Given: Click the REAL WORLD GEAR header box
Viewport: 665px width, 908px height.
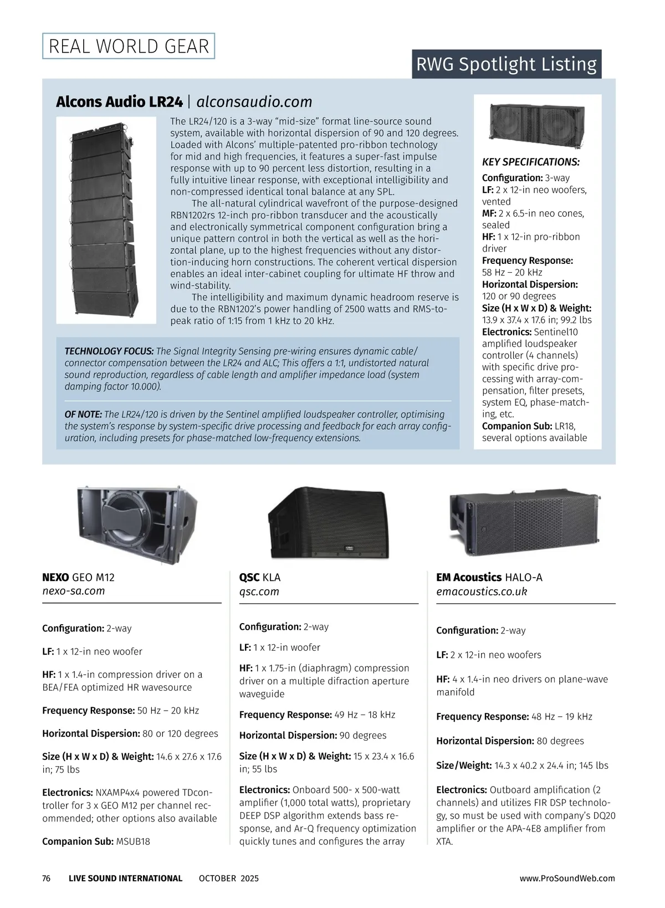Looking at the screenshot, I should tap(129, 46).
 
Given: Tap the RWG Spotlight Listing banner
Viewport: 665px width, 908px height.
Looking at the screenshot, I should tap(506, 64).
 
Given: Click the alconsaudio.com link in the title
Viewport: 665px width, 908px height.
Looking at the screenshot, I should tap(254, 102).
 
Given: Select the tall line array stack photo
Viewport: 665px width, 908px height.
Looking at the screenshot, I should tap(105, 221).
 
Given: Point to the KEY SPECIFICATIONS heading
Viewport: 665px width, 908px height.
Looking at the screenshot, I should tap(530, 162).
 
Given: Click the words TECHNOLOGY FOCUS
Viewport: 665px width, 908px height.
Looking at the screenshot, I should tap(109, 351).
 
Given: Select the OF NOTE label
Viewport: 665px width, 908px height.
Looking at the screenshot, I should tap(83, 415).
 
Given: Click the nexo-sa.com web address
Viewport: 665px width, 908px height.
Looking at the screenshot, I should tap(74, 591).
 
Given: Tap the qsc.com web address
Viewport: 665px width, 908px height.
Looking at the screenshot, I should tap(259, 591).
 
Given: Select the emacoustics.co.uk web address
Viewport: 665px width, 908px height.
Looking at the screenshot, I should tap(482, 591).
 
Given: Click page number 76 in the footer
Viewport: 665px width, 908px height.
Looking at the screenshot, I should tap(47, 878).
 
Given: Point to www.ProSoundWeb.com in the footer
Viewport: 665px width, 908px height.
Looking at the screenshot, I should tap(567, 878).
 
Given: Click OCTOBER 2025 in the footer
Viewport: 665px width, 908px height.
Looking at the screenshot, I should tap(228, 878).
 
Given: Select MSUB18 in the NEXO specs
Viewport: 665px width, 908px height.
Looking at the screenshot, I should tap(133, 841).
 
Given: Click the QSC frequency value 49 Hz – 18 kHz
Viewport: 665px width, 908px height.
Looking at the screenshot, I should tap(365, 715).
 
